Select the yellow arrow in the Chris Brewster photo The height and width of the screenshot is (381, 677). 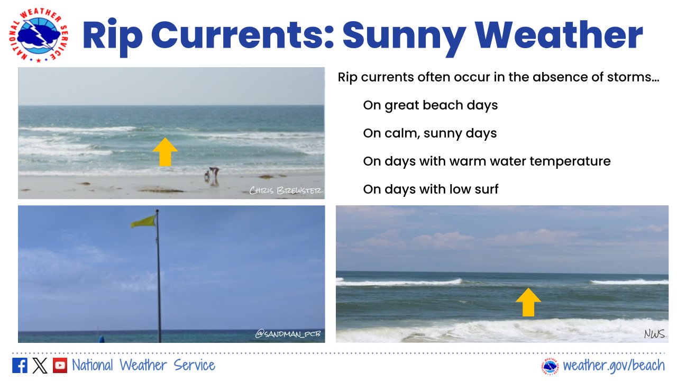point(165,152)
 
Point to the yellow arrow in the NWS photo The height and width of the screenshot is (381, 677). point(528,302)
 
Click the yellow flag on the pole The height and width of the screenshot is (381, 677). point(144,221)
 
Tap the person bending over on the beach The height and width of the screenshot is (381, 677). point(213,174)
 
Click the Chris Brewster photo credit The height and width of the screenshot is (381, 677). point(286,190)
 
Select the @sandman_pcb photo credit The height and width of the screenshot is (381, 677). point(288,334)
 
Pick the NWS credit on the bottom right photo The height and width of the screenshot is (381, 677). point(654,334)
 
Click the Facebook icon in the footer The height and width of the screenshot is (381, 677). point(20,366)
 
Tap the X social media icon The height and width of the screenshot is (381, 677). point(40,366)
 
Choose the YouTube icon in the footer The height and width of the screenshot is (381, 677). point(60,366)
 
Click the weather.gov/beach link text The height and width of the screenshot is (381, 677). point(614,366)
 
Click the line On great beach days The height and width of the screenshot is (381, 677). point(430,105)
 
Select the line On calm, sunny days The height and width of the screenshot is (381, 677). point(429,133)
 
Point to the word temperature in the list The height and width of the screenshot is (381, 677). point(574,161)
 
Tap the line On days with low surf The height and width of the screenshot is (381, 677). point(431,189)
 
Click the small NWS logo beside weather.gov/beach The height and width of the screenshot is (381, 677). point(550,366)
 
